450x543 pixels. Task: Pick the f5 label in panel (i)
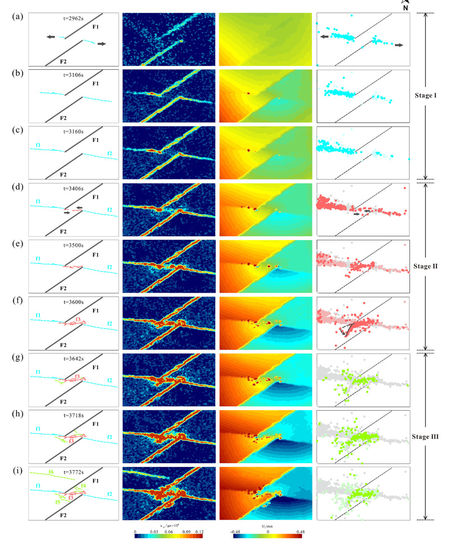57,501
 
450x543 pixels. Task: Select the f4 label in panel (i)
83,486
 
